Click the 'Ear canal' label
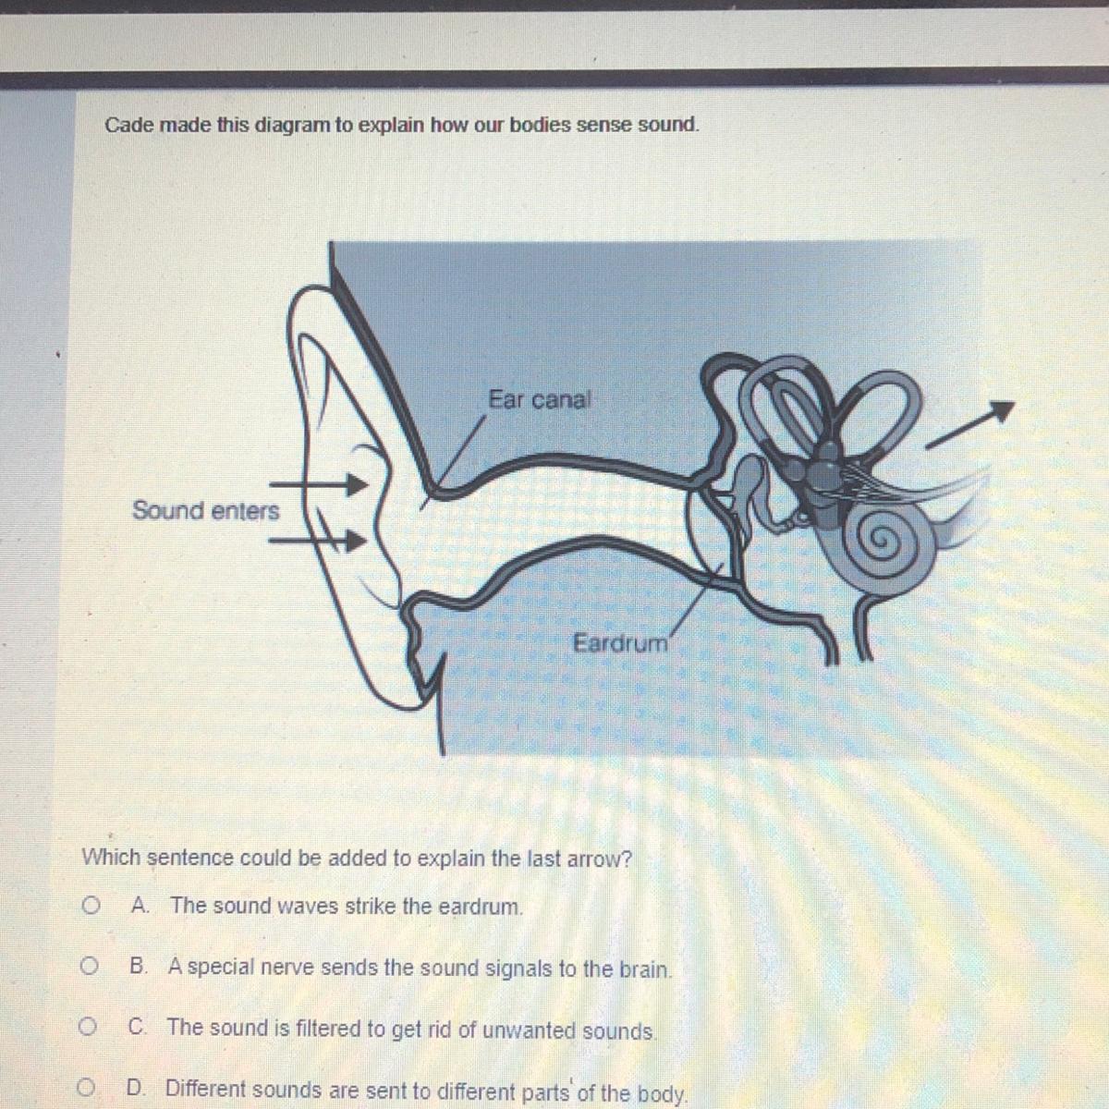[x=539, y=399]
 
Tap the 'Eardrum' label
[x=620, y=643]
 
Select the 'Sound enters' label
[x=205, y=510]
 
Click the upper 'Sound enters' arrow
[x=319, y=484]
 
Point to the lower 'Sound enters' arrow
[x=318, y=541]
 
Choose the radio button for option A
[x=90, y=907]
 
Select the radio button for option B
[x=89, y=967]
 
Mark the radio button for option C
[x=88, y=1026]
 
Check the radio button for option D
[x=86, y=1087]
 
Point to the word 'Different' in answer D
[x=206, y=1088]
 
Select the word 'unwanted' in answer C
[x=529, y=1030]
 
